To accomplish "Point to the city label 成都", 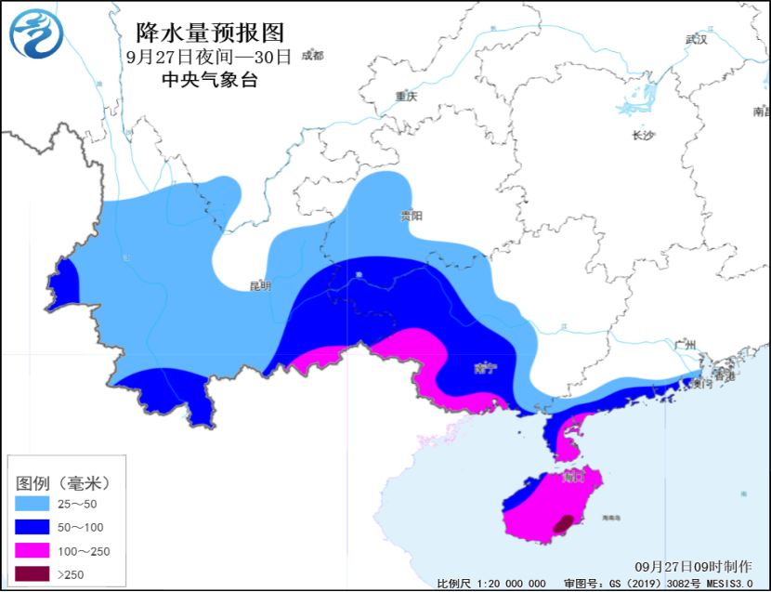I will tap(311, 56).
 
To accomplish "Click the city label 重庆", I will tap(406, 97).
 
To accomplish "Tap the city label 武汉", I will tap(696, 40).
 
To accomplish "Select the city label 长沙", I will tap(643, 136).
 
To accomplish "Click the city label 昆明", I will tap(259, 286).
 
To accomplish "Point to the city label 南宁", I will tap(485, 369).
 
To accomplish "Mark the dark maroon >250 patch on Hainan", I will tap(562, 524).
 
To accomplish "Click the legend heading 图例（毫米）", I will tap(63, 483).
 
